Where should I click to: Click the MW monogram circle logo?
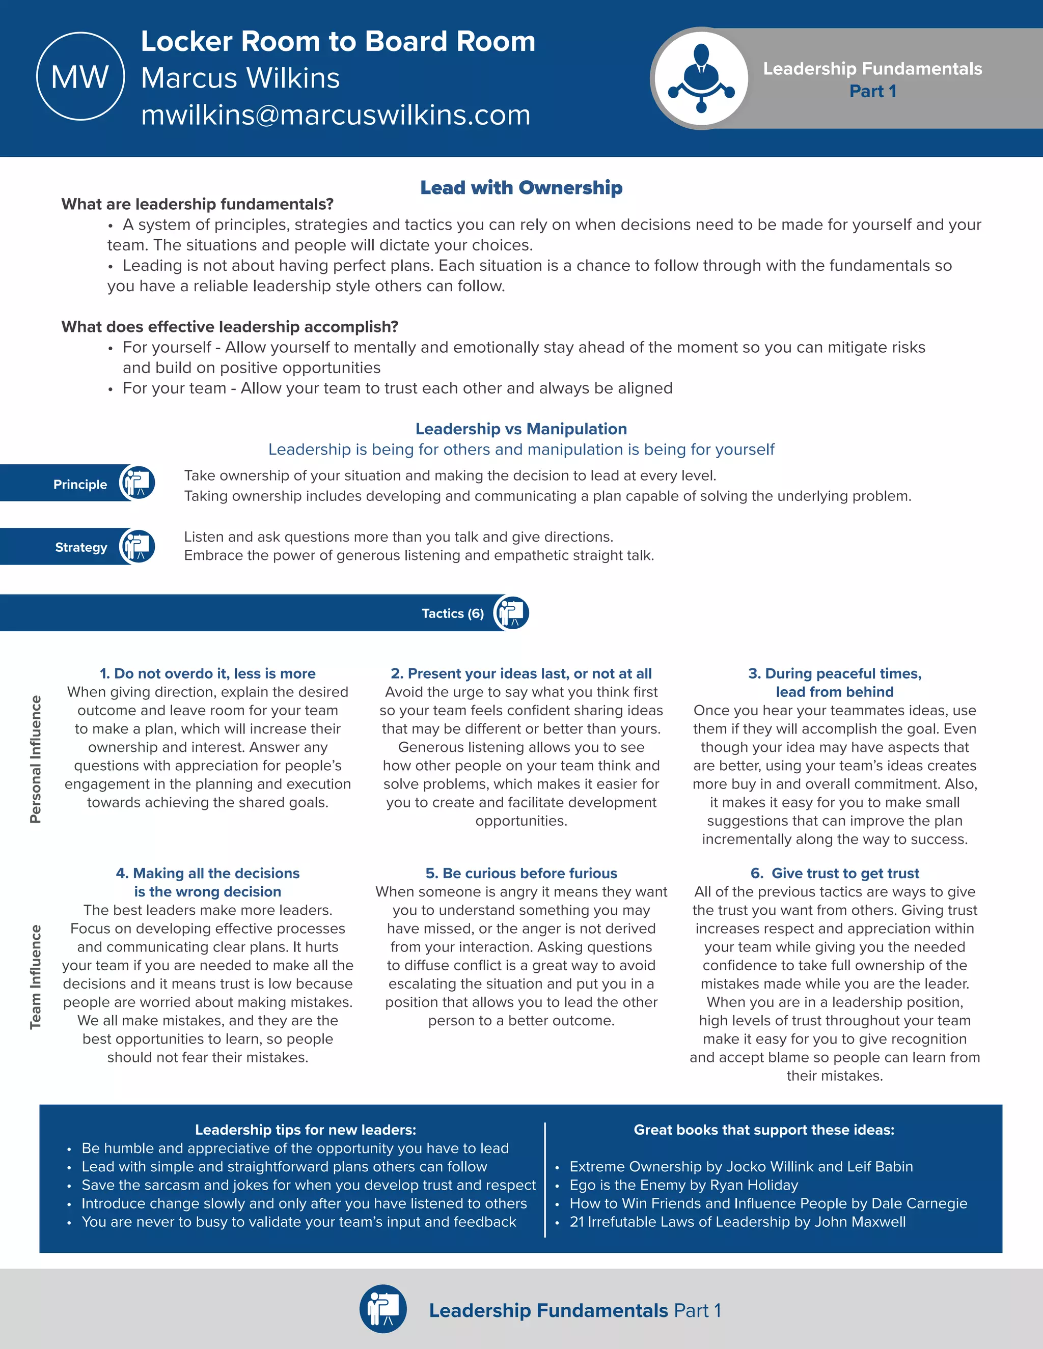tap(80, 76)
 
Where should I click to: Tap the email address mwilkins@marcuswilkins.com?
tap(336, 115)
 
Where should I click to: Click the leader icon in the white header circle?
tap(701, 78)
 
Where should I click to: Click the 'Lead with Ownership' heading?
tap(521, 187)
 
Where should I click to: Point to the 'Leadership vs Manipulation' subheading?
tap(521, 429)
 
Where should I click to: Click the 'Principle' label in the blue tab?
tap(80, 484)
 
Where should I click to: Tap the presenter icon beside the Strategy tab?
tap(137, 546)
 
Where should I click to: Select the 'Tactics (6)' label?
tap(452, 613)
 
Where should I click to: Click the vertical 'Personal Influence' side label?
tap(36, 759)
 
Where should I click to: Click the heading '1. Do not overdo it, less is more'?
tap(208, 673)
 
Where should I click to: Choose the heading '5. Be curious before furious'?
tap(521, 873)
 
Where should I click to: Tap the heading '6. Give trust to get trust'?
tap(835, 873)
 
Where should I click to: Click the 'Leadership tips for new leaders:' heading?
tap(305, 1130)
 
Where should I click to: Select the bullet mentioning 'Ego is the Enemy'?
tap(683, 1185)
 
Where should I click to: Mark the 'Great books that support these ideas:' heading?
tap(764, 1130)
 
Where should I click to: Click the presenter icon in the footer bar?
tap(383, 1309)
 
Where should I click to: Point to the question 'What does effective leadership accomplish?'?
tap(230, 327)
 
